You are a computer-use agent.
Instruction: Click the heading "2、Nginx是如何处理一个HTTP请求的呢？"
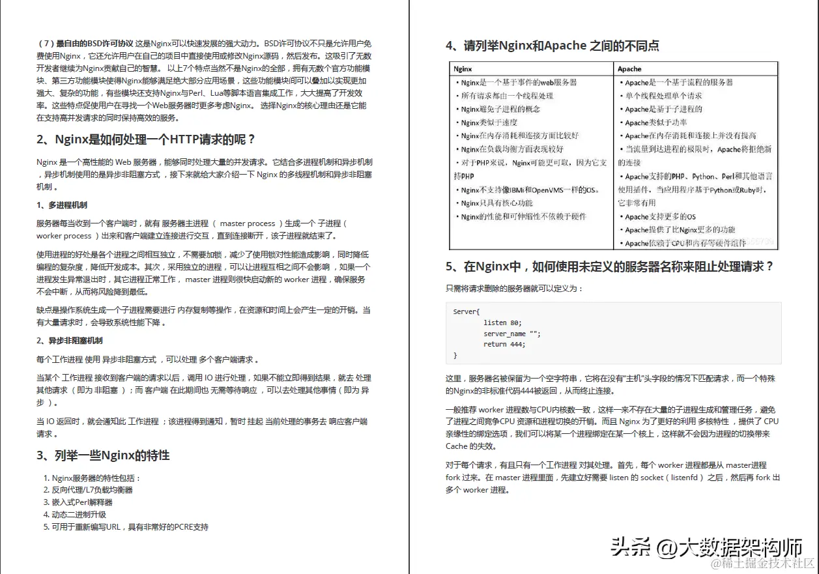point(146,139)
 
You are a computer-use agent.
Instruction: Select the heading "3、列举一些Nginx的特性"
point(103,455)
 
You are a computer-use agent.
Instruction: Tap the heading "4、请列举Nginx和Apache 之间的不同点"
point(553,46)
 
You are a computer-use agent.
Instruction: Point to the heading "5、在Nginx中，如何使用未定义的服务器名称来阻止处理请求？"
point(610,266)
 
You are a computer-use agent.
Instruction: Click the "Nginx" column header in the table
point(463,68)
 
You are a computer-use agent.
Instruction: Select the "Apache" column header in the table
point(629,68)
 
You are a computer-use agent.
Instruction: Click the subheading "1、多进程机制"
point(62,205)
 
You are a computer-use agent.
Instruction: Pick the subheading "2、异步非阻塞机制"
point(70,341)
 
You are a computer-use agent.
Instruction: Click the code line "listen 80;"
point(502,323)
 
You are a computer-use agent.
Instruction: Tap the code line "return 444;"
point(504,344)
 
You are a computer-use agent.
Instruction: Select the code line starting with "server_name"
point(512,334)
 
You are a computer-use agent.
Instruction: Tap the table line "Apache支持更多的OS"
point(660,216)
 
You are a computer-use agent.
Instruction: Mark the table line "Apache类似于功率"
point(655,122)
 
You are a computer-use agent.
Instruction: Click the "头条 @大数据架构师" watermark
point(706,547)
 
